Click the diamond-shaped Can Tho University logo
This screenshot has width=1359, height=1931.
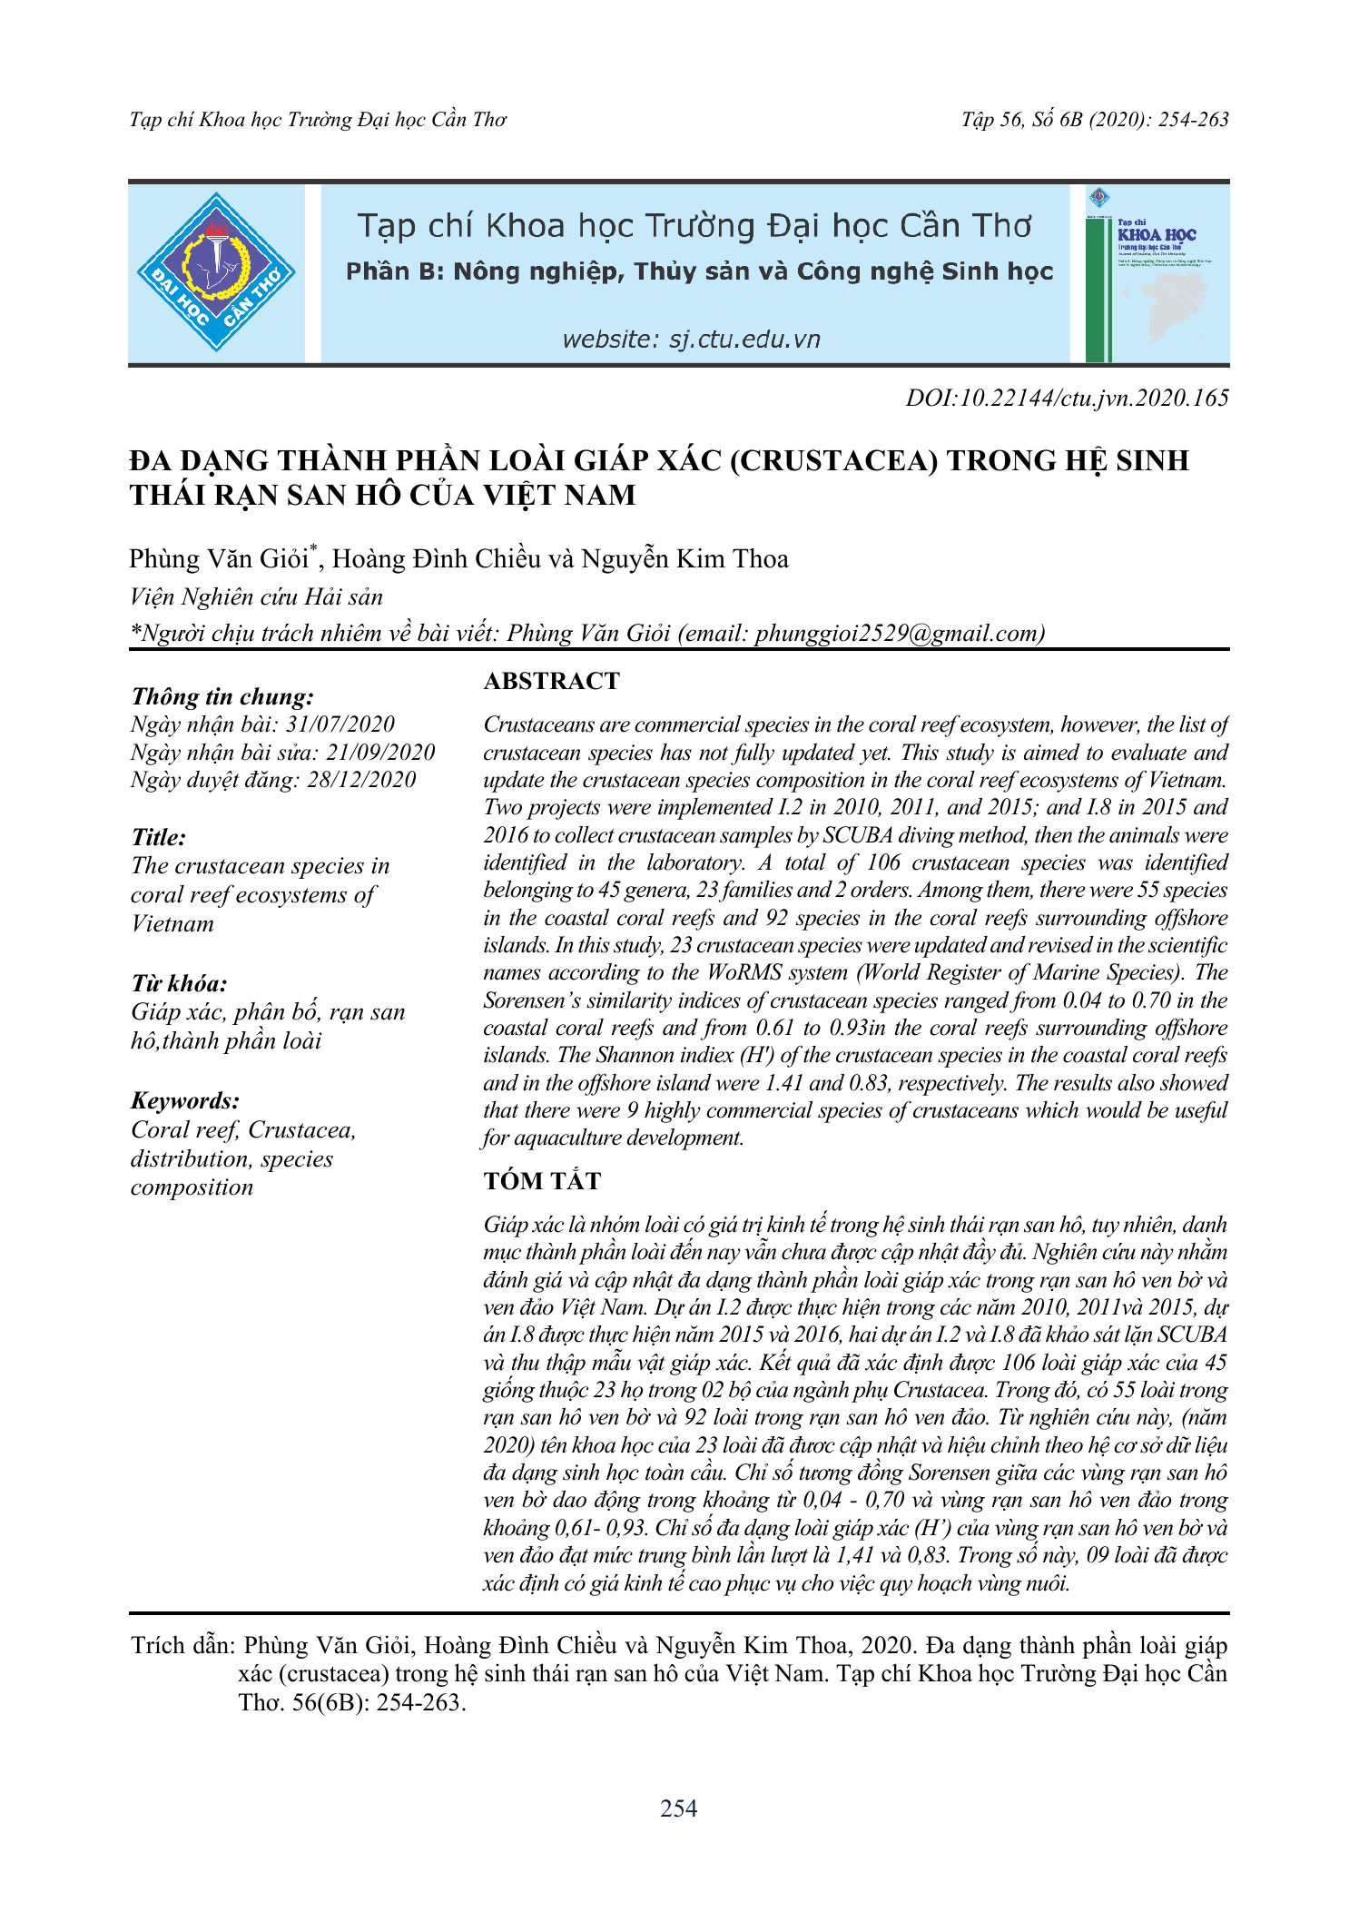coord(216,272)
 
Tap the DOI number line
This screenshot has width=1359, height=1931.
coord(1067,398)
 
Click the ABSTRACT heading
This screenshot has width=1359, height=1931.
coord(551,681)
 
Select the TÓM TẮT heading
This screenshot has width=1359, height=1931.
coord(542,1181)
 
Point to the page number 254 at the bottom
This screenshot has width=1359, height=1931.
coord(678,1808)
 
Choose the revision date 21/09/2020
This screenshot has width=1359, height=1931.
coord(380,753)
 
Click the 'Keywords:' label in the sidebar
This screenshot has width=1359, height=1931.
coord(185,1101)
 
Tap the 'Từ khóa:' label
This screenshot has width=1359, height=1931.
coord(179,984)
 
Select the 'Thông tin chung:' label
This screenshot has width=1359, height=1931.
coord(222,696)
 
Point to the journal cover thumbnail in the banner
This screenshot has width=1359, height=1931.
coord(1156,274)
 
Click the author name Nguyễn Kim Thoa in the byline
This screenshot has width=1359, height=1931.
coord(684,559)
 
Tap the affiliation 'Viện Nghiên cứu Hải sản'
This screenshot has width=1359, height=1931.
coord(256,596)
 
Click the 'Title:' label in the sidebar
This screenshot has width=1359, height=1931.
coord(158,837)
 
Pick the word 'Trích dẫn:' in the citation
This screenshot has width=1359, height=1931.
coord(183,1646)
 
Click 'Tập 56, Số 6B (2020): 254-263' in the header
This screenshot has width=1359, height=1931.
coord(1095,120)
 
